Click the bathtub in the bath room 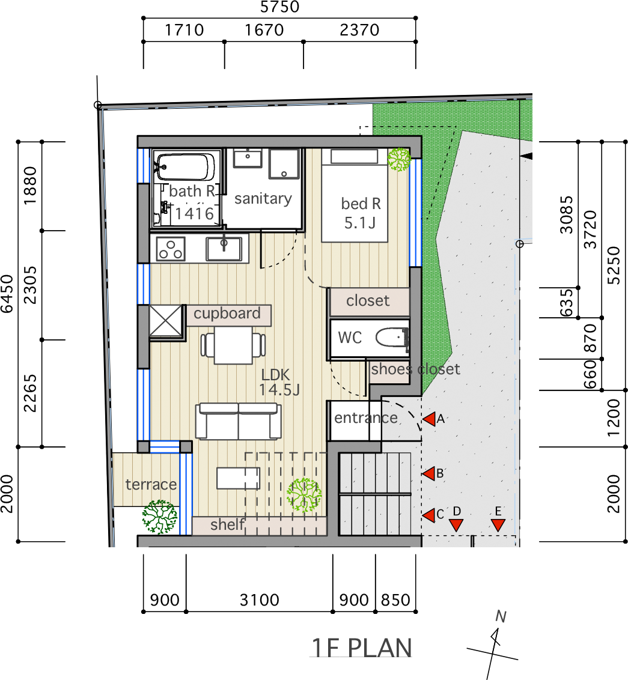click(185, 167)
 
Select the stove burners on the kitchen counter click(171, 249)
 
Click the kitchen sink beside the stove click(224, 249)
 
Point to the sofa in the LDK click(238, 421)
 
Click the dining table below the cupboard click(233, 345)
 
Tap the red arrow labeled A click(429, 419)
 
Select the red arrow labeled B click(429, 473)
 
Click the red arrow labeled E click(498, 525)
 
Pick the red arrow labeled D click(456, 525)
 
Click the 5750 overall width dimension click(280, 7)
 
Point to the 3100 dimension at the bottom click(260, 600)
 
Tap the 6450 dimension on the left click(7, 294)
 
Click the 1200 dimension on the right click(613, 418)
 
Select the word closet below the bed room click(368, 300)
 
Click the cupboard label click(227, 314)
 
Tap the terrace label click(151, 484)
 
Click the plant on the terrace click(160, 517)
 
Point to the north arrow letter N click(501, 616)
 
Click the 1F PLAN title click(362, 648)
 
